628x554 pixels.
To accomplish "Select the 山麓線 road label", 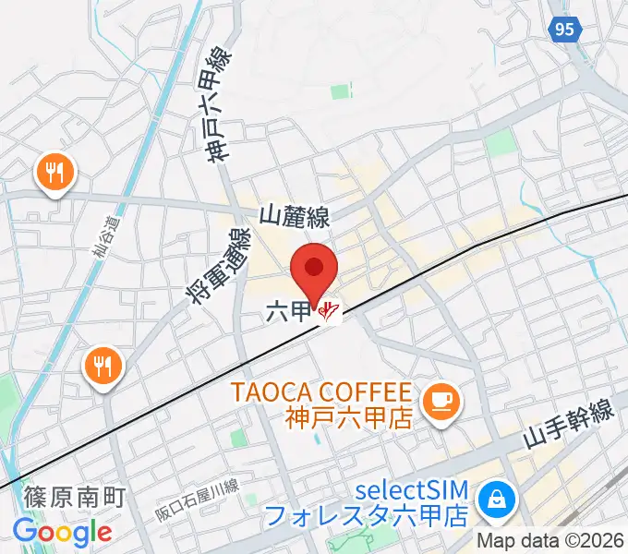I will coord(295,218).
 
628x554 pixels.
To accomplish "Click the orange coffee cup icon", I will coord(437,400).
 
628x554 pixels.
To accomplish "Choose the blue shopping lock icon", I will coord(498,500).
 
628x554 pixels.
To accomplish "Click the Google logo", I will coord(62,532).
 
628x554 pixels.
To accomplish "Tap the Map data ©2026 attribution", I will coord(550,540).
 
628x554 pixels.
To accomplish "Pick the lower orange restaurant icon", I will coord(103,367).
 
